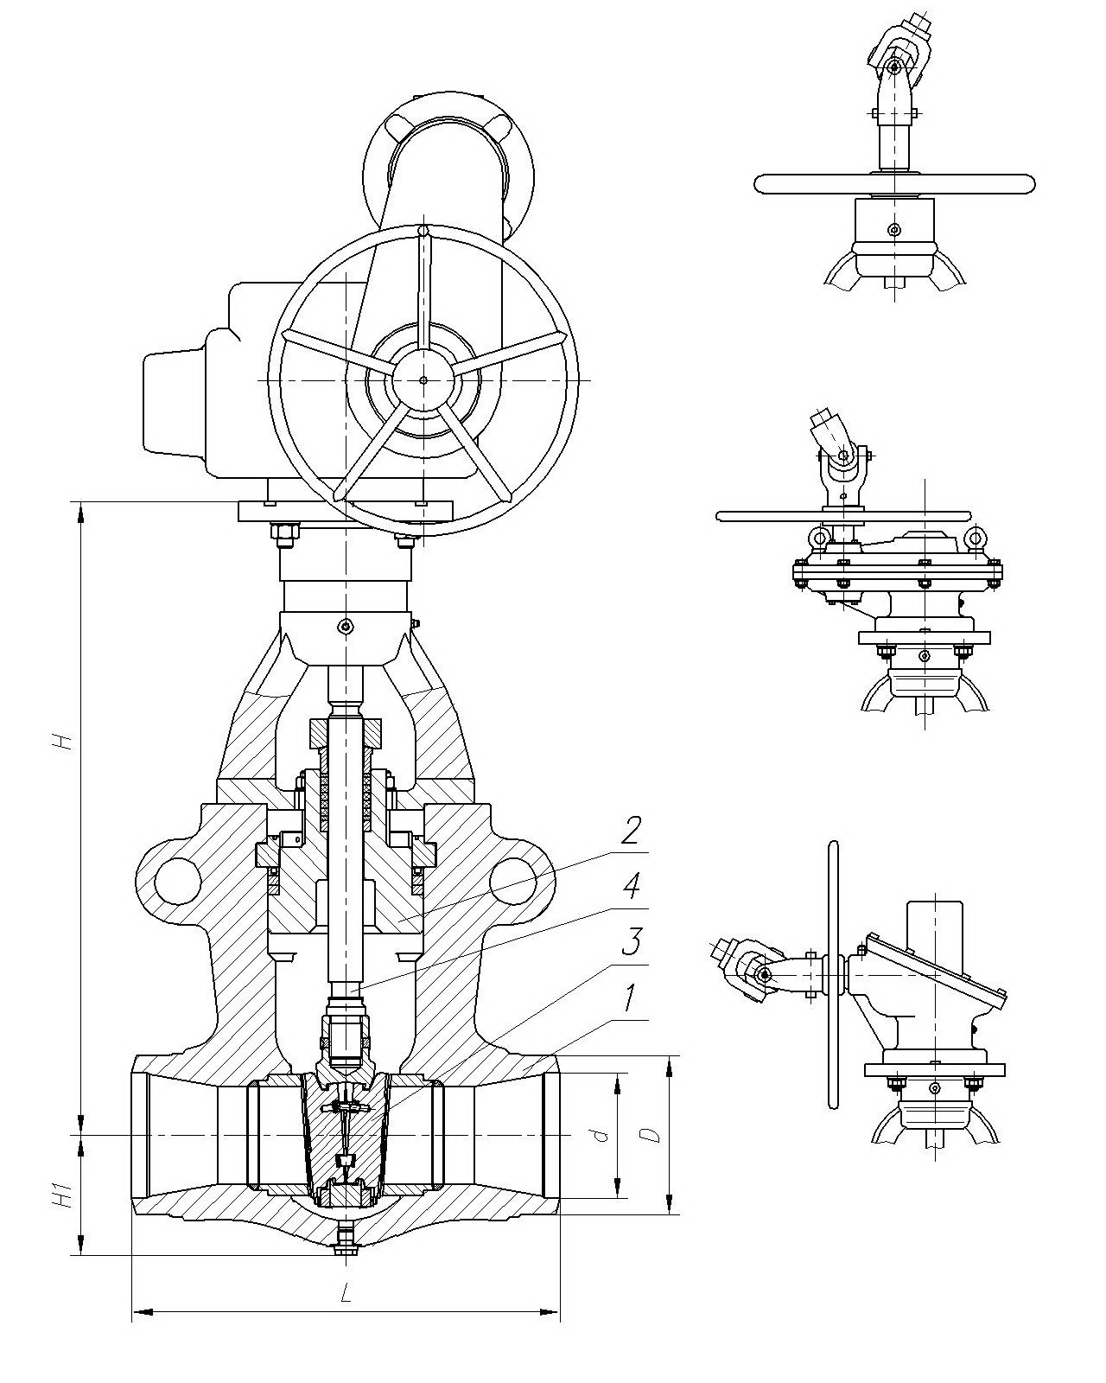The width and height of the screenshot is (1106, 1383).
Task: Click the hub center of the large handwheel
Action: coord(423,379)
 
